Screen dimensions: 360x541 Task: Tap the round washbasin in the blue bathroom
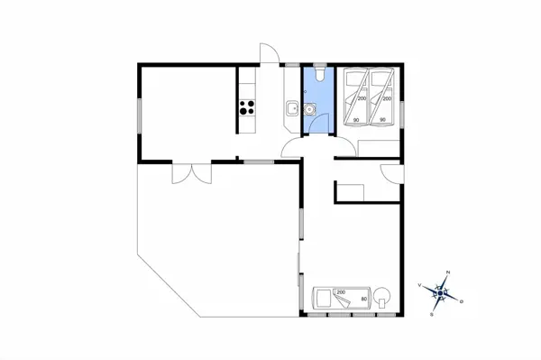pyautogui.click(x=309, y=110)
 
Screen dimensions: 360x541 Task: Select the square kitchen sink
pyautogui.click(x=292, y=110)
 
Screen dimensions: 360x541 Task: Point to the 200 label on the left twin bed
pyautogui.click(x=360, y=99)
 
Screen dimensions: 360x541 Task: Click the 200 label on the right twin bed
pyautogui.click(x=387, y=99)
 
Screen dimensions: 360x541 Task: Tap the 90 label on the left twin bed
pyautogui.click(x=356, y=120)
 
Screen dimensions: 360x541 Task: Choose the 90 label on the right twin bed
pyautogui.click(x=383, y=120)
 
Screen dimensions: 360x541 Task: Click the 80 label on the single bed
pyautogui.click(x=363, y=299)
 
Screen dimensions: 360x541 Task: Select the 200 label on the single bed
pyautogui.click(x=341, y=292)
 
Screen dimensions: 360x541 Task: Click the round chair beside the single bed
pyautogui.click(x=384, y=296)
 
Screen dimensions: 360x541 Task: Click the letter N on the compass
pyautogui.click(x=448, y=272)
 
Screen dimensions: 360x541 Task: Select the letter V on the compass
pyautogui.click(x=421, y=284)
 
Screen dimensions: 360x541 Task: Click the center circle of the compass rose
pyautogui.click(x=441, y=292)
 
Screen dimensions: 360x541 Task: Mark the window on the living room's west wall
pyautogui.click(x=139, y=113)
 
